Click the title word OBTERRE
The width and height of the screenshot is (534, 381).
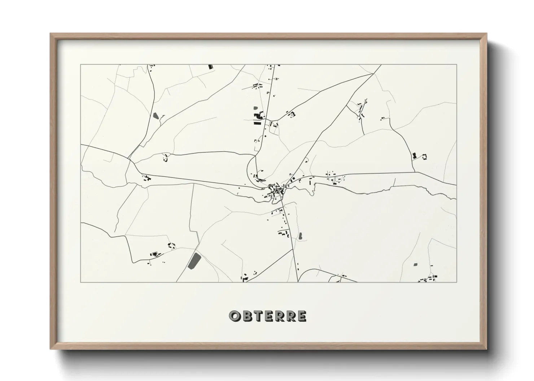pos(268,316)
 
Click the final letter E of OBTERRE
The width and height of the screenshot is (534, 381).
pos(302,316)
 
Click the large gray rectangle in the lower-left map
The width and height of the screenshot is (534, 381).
pos(194,261)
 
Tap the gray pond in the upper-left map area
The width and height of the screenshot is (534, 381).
pos(156,116)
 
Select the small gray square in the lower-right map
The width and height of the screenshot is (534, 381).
pos(415,264)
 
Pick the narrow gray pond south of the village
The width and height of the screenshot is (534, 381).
pos(300,236)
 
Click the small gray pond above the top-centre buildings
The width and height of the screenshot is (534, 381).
pos(255,108)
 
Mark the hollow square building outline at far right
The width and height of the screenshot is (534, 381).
pos(425,157)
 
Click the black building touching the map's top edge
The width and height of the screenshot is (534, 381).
pos(210,67)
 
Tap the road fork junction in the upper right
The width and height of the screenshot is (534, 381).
pos(372,74)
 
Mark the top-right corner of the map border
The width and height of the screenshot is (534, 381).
pos(456,64)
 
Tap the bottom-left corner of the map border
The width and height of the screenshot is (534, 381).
pos(81,282)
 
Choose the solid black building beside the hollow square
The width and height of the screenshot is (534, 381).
pos(414,156)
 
